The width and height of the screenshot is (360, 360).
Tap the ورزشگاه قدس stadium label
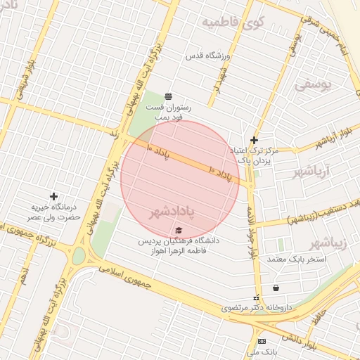coord(208,55)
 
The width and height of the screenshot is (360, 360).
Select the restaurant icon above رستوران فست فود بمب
coord(168,96)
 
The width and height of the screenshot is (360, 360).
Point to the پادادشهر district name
coord(171,211)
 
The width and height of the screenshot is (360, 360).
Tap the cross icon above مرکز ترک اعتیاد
coord(254,140)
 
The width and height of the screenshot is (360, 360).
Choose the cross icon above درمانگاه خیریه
coord(53,196)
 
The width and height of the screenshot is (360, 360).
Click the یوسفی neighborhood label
coord(311,85)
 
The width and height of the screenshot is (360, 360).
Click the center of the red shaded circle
coord(181,179)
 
